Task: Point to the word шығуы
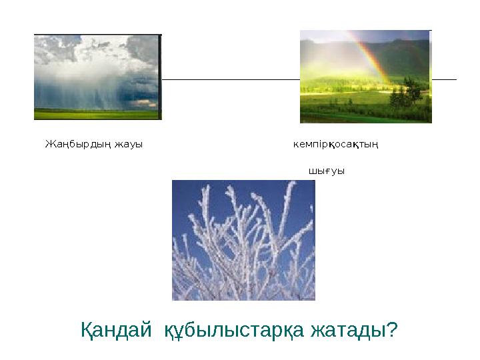(x=326, y=171)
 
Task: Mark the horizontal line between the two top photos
(x=230, y=79)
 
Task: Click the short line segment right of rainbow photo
(x=444, y=79)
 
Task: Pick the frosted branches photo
(x=243, y=240)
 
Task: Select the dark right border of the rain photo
(x=160, y=77)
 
